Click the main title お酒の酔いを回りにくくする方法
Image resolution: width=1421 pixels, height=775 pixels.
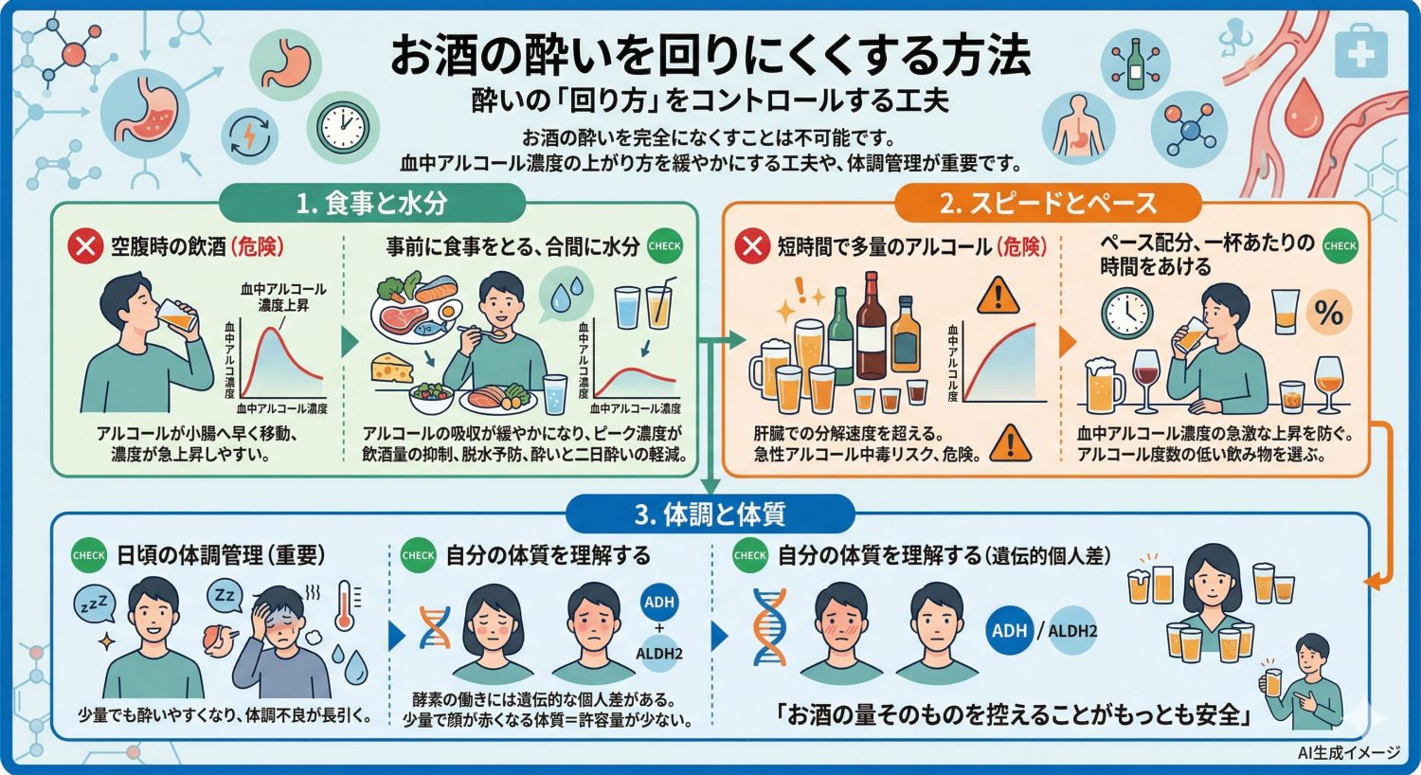710,56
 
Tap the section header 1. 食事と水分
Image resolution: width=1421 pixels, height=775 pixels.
371,203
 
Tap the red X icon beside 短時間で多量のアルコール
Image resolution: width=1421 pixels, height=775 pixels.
752,247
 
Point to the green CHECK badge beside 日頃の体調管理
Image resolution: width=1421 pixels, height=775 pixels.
89,556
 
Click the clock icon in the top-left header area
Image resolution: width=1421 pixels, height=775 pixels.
342,123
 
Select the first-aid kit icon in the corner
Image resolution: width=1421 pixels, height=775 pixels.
1360,54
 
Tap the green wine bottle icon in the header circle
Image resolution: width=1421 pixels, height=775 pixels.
1135,63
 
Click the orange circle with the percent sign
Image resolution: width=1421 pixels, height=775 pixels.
1328,312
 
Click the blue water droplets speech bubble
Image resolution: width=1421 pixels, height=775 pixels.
566,290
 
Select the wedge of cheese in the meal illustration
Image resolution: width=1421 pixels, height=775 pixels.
392,368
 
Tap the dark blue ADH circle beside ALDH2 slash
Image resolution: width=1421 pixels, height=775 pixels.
1009,630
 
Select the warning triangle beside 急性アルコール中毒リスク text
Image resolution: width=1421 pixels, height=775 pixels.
1010,443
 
